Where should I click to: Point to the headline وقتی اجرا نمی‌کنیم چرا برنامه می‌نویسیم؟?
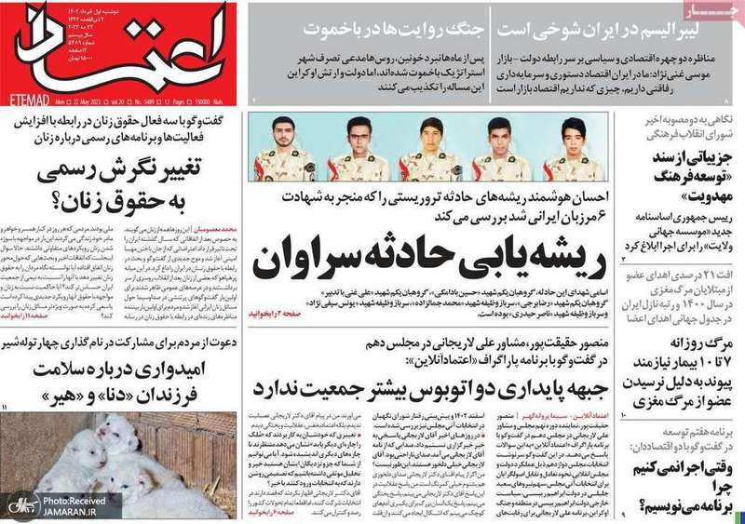[x=685, y=489]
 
